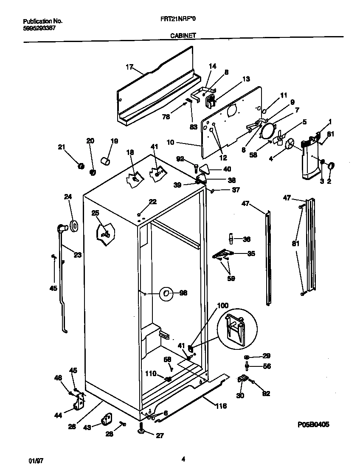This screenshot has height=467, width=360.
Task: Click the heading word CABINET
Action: point(183,36)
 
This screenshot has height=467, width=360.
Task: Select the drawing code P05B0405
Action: point(313,424)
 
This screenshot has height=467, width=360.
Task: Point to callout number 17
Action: point(129,67)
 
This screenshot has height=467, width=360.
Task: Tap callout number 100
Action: point(222,306)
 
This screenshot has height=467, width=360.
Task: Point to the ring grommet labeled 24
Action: point(74,226)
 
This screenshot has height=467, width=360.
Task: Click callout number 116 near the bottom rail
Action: point(220,406)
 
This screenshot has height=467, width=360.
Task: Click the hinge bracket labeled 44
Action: point(79,401)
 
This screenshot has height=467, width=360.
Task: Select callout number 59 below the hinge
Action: point(232,279)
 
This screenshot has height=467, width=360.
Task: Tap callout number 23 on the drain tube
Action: point(77,255)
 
